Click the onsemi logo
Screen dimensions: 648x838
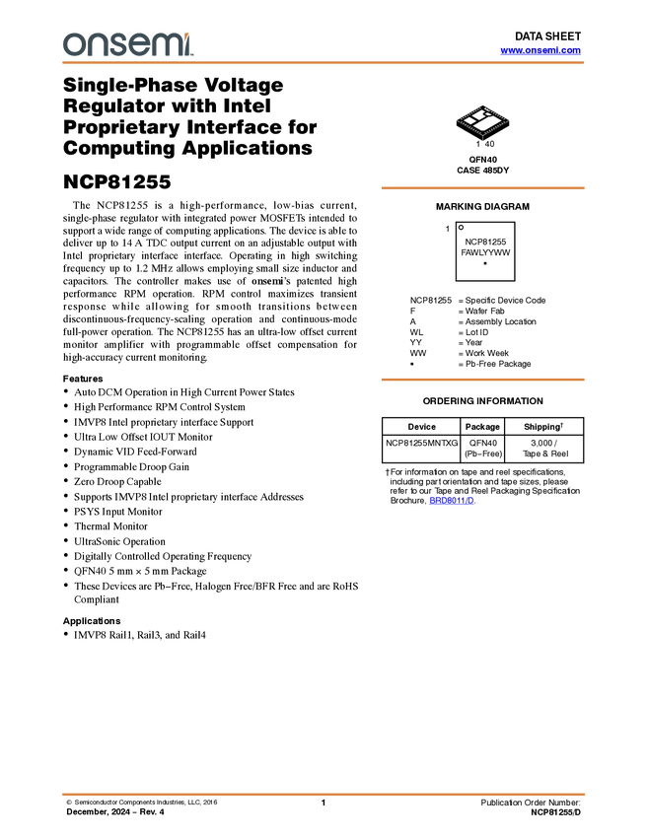coord(127,44)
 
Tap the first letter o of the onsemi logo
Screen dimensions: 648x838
coord(72,45)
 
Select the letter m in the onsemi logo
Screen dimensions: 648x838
coord(163,45)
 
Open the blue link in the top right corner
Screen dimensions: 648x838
coord(540,50)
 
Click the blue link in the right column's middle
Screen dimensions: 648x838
coord(451,501)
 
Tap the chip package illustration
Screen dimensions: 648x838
coord(482,121)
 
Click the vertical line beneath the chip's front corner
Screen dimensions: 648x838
coord(482,140)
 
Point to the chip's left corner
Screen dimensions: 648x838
coord(456,121)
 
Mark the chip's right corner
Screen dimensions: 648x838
coord(510,121)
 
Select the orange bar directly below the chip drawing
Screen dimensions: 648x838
coord(482,187)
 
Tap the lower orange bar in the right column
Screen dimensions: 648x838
coord(482,380)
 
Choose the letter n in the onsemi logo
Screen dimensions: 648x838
coord(94,45)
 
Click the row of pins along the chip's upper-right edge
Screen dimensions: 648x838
coord(498,112)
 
